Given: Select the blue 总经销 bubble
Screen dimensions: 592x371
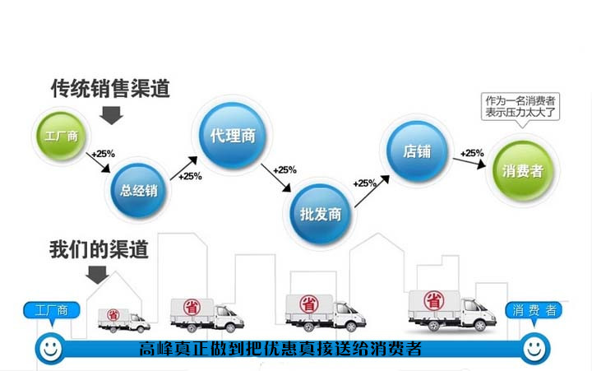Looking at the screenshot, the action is tap(138, 192).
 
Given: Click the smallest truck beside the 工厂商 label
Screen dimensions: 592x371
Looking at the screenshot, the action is tap(123, 319).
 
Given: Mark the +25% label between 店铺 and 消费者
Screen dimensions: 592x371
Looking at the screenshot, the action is tap(471, 152).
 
